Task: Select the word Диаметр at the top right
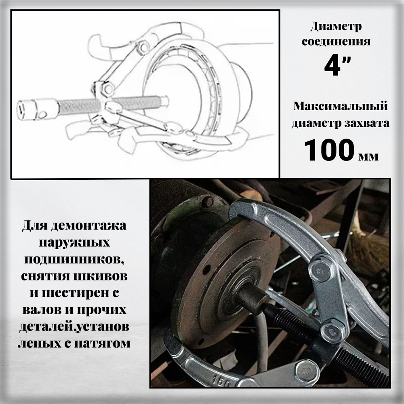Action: tap(336, 27)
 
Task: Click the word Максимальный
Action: tap(341, 107)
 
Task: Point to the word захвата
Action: tap(367, 123)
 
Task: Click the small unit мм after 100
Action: tap(368, 156)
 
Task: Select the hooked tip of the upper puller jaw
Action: tap(236, 210)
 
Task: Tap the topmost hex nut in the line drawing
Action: tap(143, 48)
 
